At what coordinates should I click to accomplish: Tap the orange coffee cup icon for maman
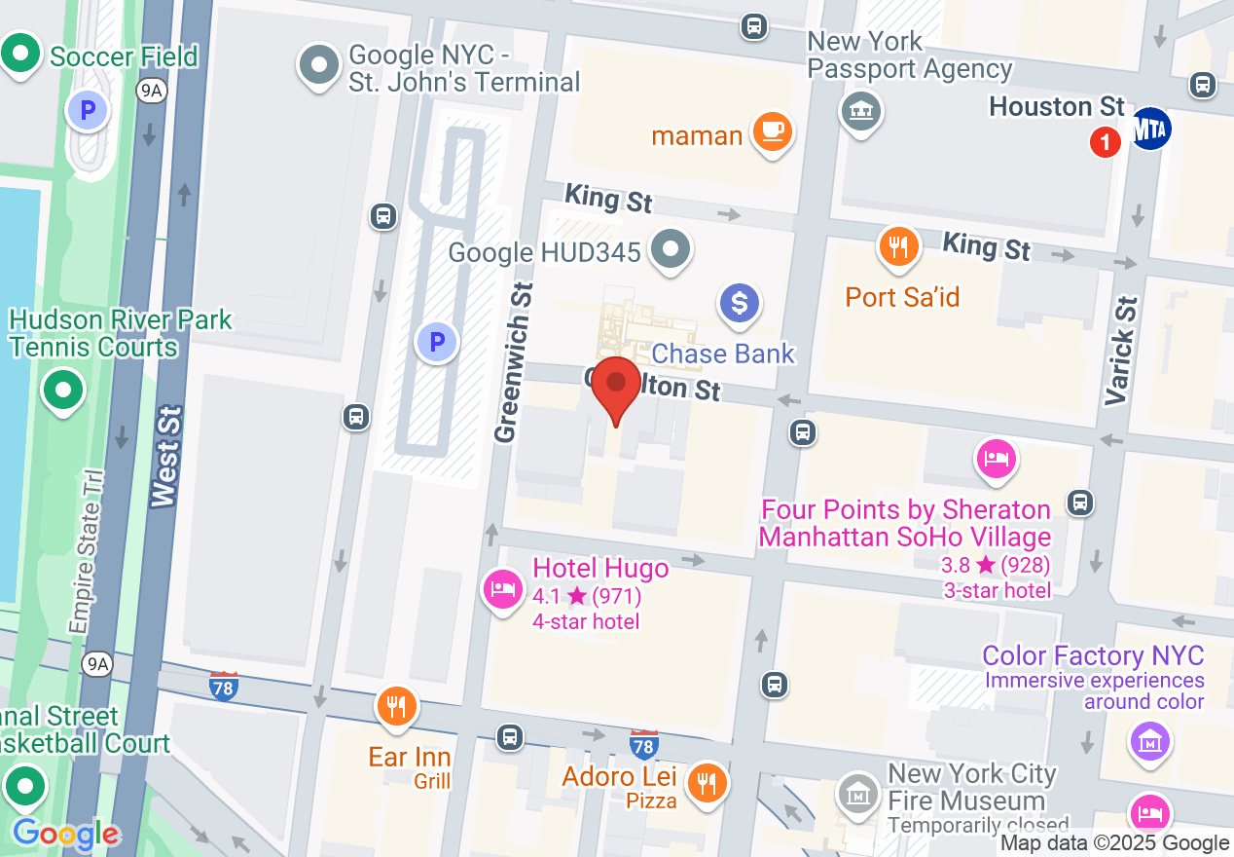tap(774, 131)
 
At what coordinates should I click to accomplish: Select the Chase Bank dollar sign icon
tap(739, 303)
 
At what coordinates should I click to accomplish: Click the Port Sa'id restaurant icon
tap(899, 247)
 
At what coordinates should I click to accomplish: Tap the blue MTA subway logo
tap(1151, 128)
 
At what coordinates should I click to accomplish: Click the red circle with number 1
tap(1105, 143)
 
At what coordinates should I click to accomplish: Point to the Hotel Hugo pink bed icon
tap(502, 588)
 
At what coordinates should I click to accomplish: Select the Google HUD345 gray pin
tap(671, 248)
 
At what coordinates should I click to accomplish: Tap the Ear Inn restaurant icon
tap(395, 705)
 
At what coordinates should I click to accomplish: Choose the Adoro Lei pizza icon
tap(705, 781)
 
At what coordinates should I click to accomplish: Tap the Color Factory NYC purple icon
tap(1149, 741)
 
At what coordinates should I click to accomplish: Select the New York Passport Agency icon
tap(860, 111)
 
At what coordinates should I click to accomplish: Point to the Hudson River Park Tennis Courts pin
tap(63, 391)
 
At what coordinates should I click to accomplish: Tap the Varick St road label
tap(1122, 351)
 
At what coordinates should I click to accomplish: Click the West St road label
tap(167, 459)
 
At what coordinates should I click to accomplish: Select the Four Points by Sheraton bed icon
tap(995, 458)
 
